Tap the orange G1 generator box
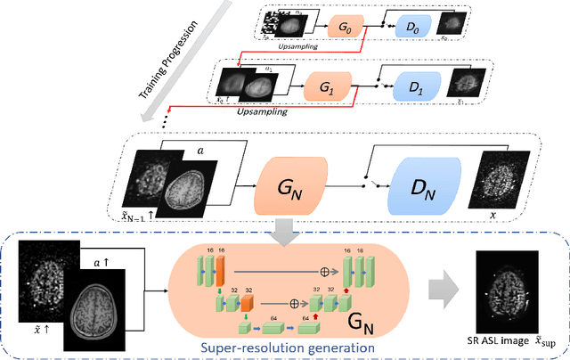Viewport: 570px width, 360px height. (x=325, y=90)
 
